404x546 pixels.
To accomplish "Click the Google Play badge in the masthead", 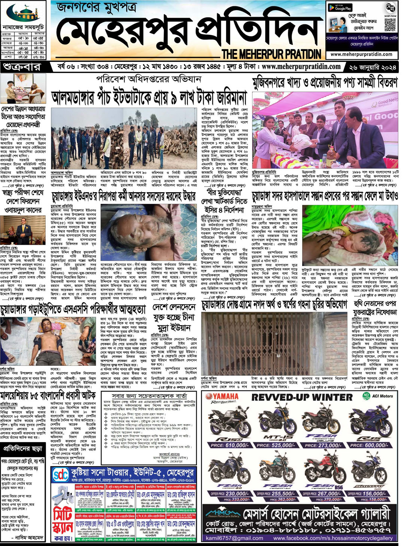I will pos(340,7).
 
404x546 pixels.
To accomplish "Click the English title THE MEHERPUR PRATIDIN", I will pos(271,54).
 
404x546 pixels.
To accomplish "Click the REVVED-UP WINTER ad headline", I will pos(302,397).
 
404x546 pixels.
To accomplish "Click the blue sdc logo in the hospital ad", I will pos(61,475).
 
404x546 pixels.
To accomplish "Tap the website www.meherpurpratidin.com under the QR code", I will pos(361,54).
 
